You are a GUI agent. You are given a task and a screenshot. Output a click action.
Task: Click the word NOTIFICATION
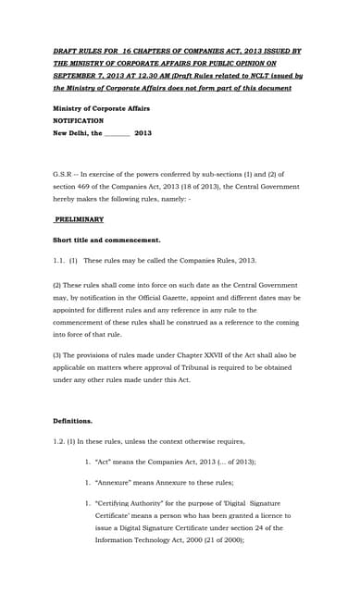click(78, 120)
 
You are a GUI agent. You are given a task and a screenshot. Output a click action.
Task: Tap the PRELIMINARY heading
click(79, 219)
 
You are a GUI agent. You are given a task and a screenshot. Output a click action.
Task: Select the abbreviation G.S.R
click(64, 173)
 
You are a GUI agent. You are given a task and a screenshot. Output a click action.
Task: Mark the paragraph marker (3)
click(57, 355)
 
